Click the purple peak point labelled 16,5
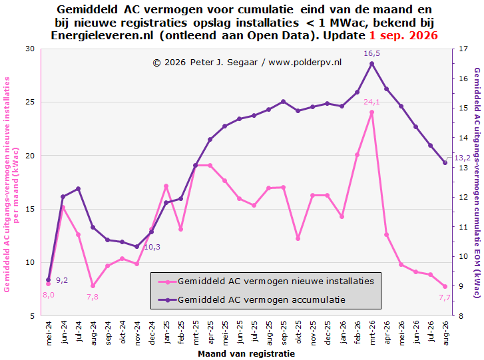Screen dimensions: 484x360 pos(371,64)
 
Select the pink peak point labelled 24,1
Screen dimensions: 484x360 pos(371,112)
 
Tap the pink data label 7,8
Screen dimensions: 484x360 pos(93,297)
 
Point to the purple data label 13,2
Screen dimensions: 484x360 pos(463,158)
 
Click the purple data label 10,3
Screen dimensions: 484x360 pos(152,247)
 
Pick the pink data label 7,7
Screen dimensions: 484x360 pos(445,297)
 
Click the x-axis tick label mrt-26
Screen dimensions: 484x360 pos(372,332)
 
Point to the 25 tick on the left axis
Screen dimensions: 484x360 pos(30,102)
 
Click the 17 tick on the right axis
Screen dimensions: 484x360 pos(463,49)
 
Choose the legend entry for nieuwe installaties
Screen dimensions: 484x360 pos(266,281)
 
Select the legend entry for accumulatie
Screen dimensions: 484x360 pos(252,300)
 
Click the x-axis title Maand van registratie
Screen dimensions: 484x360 pos(246,353)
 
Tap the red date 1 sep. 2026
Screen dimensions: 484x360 pos(403,35)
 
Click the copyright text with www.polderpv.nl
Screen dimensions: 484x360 pos(247,63)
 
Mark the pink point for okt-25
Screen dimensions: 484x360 pos(298,238)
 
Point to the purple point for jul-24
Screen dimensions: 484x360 pos(78,189)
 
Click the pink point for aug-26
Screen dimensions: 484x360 pos(445,287)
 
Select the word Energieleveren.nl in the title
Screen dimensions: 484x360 pos(102,35)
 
